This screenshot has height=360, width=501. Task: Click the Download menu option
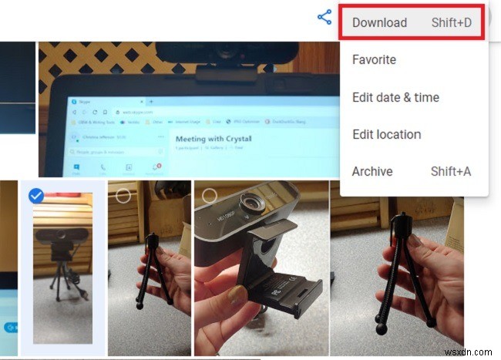tap(379, 22)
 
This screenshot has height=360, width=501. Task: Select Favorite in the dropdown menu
tap(374, 59)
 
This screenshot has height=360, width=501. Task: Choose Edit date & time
tap(395, 97)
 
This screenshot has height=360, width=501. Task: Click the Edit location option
tap(386, 134)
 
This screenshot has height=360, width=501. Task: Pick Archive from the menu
tap(372, 171)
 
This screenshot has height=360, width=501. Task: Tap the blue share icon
tap(324, 17)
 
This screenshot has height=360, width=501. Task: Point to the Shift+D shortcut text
tap(451, 22)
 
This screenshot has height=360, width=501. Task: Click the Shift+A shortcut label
tap(451, 171)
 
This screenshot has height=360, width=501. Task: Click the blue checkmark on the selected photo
tap(35, 196)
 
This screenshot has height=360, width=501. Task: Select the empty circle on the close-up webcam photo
tap(209, 196)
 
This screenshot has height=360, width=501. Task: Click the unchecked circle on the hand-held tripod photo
tap(123, 196)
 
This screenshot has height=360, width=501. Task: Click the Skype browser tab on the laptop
tap(92, 101)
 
